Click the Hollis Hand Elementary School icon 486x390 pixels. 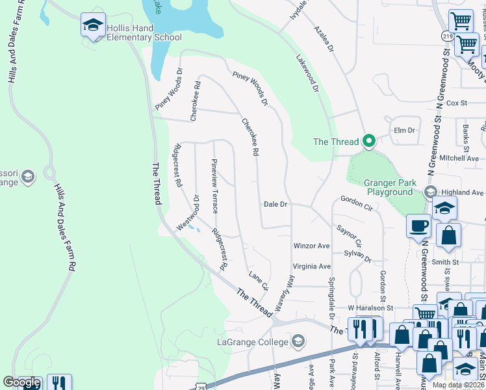[x=93, y=26]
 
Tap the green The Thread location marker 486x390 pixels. [x=369, y=141]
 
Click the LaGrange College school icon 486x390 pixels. [x=298, y=341]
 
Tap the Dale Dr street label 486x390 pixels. [x=275, y=204]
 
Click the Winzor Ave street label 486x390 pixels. [x=312, y=246]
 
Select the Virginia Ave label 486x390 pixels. [x=312, y=266]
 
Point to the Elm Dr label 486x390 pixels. [x=404, y=130]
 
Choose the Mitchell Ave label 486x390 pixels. [x=459, y=158]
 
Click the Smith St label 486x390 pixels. [x=445, y=262]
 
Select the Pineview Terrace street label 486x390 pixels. [x=214, y=186]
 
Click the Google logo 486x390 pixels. [x=21, y=382]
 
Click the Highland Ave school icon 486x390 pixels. [x=429, y=192]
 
